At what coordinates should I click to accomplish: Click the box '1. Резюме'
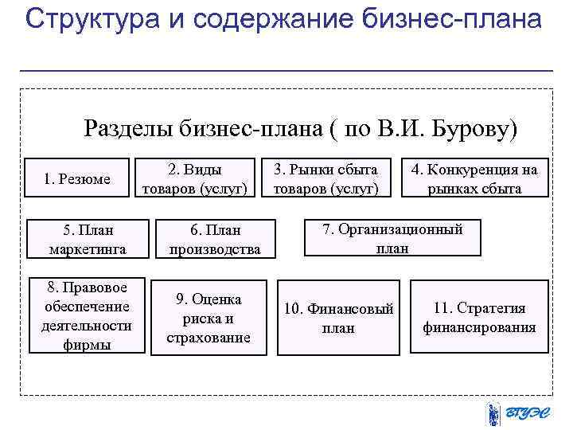click(77, 179)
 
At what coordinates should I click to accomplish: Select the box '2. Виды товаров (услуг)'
click(195, 179)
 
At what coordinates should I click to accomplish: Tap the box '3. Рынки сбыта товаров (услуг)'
click(325, 179)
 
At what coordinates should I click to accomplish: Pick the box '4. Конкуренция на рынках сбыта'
click(474, 179)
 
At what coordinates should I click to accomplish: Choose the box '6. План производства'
click(215, 240)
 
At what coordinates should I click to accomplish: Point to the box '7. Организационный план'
click(392, 238)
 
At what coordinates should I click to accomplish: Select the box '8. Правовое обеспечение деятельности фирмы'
click(86, 315)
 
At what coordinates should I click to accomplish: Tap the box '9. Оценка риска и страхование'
click(208, 318)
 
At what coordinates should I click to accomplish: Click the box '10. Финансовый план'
click(339, 318)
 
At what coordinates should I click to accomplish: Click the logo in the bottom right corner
click(516, 412)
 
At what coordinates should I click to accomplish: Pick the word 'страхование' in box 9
click(208, 338)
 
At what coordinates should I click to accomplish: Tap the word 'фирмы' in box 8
click(86, 345)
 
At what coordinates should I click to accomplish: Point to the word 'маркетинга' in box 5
click(88, 249)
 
